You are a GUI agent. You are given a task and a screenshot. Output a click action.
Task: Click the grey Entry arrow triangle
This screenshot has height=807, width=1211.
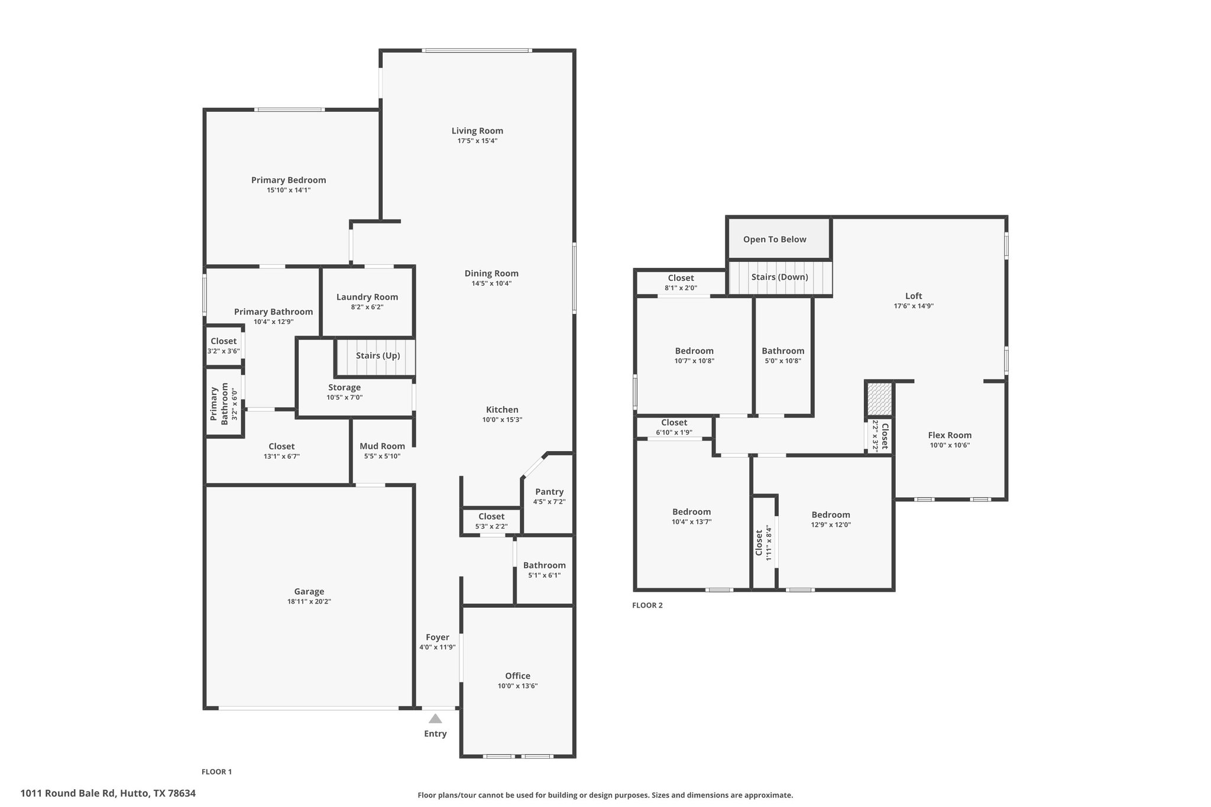435,718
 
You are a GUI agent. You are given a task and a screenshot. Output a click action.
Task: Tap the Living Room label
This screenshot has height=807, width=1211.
477,131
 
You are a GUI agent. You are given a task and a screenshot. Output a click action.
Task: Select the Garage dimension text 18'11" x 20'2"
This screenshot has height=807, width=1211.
309,601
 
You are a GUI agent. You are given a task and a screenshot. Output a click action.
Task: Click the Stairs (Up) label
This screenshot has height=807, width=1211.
378,355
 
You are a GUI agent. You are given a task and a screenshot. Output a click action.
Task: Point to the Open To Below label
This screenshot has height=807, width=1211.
775,239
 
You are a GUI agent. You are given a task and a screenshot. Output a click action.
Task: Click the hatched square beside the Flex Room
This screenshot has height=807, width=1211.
879,398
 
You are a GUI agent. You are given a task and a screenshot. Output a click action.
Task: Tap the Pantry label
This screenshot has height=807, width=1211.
549,491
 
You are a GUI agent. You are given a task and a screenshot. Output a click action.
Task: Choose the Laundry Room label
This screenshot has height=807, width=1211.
367,297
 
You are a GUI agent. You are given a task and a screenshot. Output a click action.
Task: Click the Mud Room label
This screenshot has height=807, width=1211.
383,446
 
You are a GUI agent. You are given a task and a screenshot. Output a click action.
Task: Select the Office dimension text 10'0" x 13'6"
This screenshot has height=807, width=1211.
517,686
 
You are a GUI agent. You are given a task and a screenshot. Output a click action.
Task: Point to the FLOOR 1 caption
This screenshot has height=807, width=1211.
216,772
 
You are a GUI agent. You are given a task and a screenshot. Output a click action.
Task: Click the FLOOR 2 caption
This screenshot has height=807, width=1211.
647,605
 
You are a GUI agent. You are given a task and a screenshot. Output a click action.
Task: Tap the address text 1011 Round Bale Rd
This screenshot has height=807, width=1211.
69,793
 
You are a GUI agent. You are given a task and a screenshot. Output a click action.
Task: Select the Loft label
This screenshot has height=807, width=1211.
914,296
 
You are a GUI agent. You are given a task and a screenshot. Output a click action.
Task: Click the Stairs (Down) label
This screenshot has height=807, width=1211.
779,277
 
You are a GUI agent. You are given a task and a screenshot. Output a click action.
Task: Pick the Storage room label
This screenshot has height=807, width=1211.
344,387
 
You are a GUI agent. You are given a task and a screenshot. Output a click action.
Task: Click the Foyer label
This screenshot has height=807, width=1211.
438,637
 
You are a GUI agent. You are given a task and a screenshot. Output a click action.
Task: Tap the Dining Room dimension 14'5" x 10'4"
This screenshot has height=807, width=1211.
491,283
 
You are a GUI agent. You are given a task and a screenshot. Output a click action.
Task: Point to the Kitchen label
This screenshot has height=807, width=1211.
502,410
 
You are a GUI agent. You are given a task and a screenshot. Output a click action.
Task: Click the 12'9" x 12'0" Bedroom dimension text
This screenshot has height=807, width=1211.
831,524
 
